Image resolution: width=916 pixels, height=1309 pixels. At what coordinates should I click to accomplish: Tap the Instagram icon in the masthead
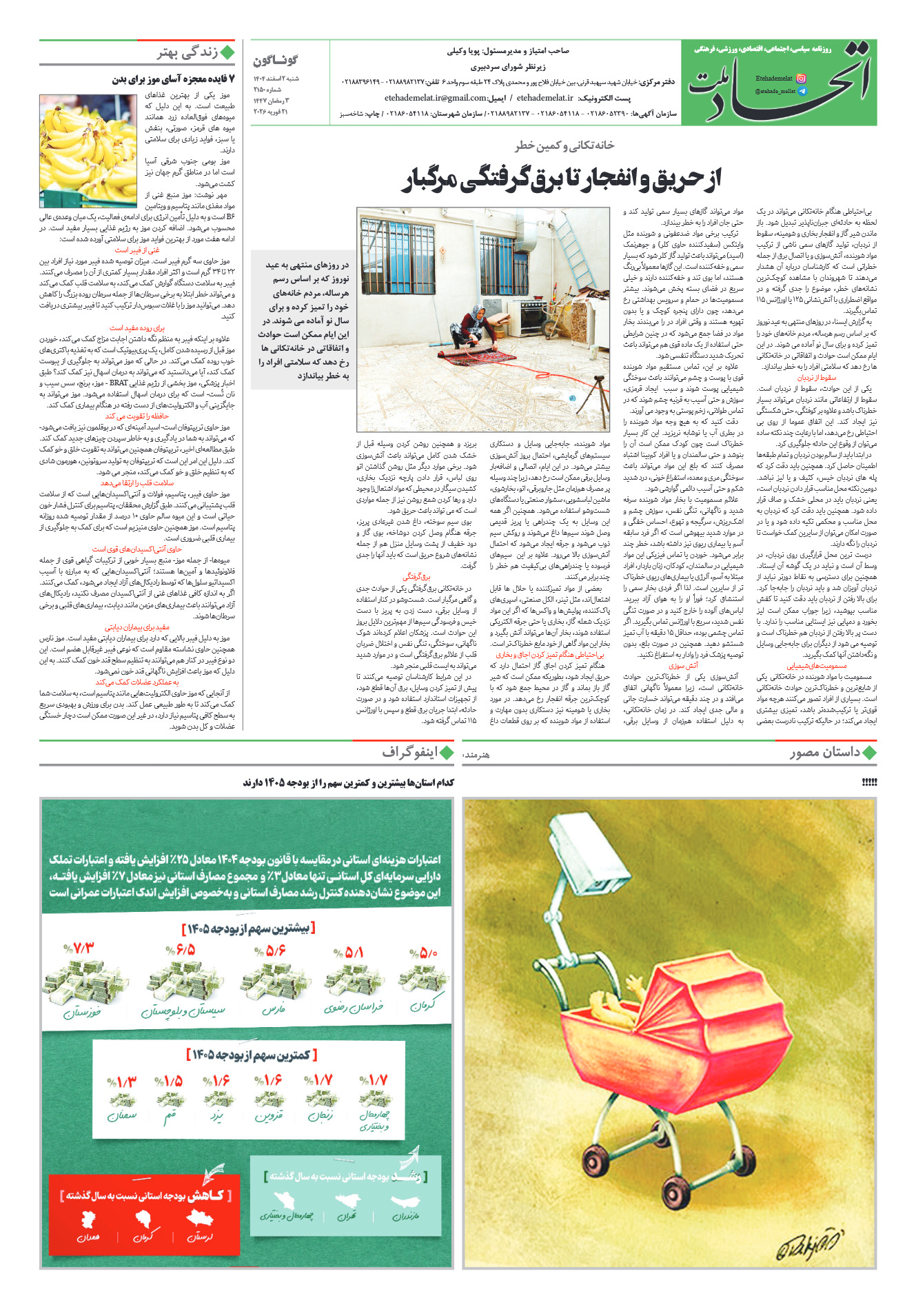801,79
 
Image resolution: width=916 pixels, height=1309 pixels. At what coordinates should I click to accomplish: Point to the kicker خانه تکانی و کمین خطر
564,145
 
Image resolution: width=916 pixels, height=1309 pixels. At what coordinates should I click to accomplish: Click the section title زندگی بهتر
187,53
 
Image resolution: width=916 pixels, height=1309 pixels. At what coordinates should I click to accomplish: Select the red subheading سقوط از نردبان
817,378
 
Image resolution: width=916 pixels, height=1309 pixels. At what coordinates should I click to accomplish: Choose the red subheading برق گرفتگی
416,576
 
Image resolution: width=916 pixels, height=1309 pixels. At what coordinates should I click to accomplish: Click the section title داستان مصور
825,752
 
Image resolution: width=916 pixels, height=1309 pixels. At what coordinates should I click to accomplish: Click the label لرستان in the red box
200,1237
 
